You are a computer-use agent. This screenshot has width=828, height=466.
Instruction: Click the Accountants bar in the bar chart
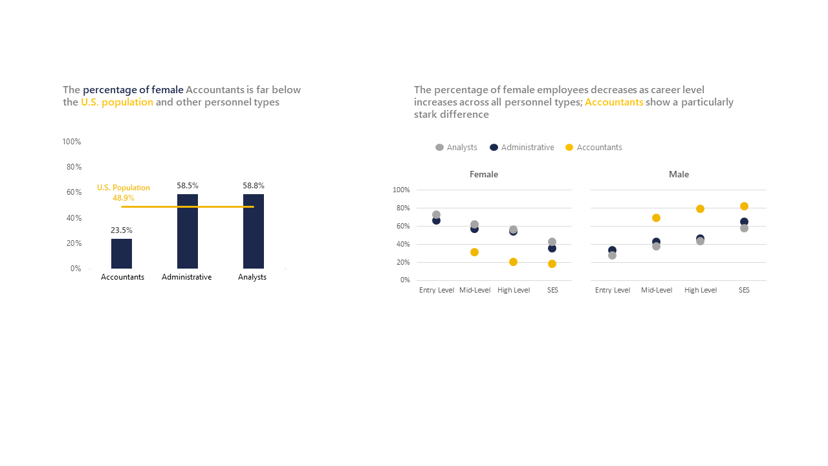click(122, 254)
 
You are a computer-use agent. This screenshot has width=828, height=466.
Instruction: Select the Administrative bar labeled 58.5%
click(188, 231)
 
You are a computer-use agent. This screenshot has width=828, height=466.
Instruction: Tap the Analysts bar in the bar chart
click(254, 231)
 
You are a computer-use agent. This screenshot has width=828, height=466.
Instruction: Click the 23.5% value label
click(122, 230)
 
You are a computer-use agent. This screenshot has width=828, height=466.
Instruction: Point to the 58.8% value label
click(254, 186)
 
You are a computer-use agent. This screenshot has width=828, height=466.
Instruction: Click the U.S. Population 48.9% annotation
click(124, 193)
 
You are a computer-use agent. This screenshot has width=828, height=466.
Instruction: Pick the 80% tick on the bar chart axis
click(74, 167)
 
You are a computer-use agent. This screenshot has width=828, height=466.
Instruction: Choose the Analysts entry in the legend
click(457, 148)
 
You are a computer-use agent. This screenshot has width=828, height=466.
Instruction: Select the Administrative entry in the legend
click(522, 148)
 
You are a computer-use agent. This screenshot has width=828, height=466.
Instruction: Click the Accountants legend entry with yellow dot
click(594, 148)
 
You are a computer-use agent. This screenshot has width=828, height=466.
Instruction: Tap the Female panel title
click(484, 175)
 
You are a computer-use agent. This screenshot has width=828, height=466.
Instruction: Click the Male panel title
click(679, 175)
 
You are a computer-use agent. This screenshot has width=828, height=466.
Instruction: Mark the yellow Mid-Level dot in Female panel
click(474, 252)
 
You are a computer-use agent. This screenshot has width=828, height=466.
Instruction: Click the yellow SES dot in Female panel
click(552, 263)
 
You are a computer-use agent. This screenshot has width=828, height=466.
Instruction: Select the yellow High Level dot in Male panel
click(700, 209)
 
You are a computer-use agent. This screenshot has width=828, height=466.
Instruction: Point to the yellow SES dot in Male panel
click(744, 206)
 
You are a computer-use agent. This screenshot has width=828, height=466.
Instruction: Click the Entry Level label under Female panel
click(437, 290)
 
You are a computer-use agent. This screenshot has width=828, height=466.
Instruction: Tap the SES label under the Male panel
click(744, 290)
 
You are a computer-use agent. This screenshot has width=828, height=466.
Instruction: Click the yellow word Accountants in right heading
click(614, 102)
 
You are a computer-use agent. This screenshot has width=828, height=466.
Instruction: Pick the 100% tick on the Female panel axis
click(401, 190)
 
